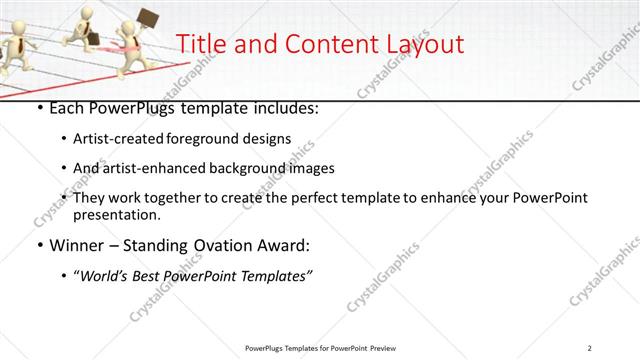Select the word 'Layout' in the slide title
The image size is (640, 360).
[x=420, y=44]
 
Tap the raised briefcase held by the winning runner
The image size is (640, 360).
[x=148, y=17]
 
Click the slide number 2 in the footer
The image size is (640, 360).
[x=590, y=348]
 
